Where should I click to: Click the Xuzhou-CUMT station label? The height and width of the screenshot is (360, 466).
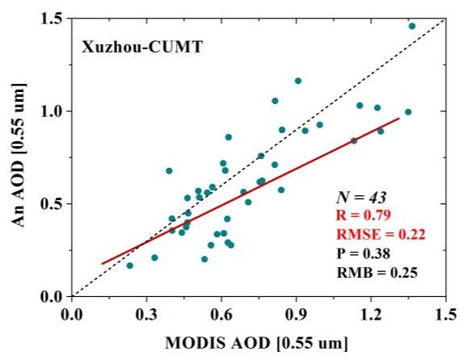(x=142, y=47)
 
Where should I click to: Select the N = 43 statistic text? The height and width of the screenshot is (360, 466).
(x=361, y=197)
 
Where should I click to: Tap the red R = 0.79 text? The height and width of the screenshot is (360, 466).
(x=363, y=216)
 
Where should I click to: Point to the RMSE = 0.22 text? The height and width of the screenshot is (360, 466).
(x=380, y=234)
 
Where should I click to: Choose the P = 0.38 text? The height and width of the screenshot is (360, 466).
(x=363, y=253)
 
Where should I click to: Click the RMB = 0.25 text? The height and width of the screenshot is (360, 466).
(x=377, y=272)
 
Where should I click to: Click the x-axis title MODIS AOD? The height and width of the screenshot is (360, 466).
(x=256, y=344)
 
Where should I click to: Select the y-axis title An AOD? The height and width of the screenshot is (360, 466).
(x=19, y=156)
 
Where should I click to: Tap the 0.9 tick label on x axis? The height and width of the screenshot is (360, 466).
(x=296, y=315)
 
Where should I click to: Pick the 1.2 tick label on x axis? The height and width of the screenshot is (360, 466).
(x=371, y=315)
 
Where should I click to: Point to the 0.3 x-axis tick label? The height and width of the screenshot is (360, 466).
(x=146, y=315)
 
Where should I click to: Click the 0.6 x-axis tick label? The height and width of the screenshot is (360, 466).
(x=221, y=315)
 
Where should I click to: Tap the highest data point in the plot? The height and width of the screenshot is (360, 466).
(x=412, y=26)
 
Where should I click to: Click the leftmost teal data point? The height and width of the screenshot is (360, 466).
(x=130, y=266)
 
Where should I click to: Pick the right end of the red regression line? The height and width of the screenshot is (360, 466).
(x=399, y=118)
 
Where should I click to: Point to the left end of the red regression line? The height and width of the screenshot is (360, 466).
(x=102, y=263)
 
